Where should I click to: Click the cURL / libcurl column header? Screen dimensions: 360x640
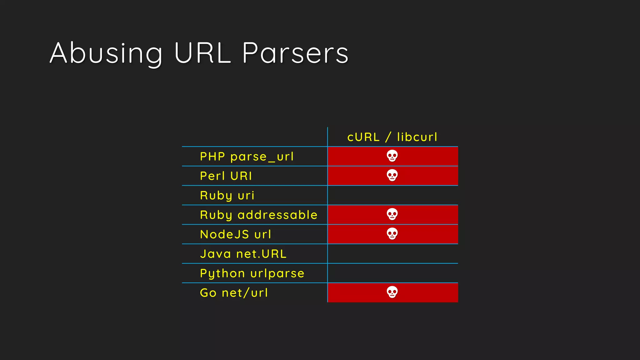(x=392, y=137)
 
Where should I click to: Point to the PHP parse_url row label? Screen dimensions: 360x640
(x=247, y=157)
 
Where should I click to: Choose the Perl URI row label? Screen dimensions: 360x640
(x=226, y=176)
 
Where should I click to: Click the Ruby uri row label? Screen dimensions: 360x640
(x=227, y=196)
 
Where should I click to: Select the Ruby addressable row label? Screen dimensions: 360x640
(x=259, y=215)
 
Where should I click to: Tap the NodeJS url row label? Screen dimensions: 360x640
(x=236, y=234)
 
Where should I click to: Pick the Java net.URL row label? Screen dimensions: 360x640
(x=243, y=254)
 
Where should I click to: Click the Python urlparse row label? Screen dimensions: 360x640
(x=252, y=273)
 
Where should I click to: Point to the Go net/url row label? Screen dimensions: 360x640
(x=234, y=293)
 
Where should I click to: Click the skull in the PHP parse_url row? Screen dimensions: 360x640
(x=392, y=156)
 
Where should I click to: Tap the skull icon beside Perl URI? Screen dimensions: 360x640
(x=392, y=175)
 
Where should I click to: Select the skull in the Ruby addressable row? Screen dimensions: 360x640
(x=392, y=214)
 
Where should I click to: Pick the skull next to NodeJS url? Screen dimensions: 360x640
(x=392, y=234)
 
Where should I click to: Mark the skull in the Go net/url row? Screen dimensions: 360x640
(x=392, y=292)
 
